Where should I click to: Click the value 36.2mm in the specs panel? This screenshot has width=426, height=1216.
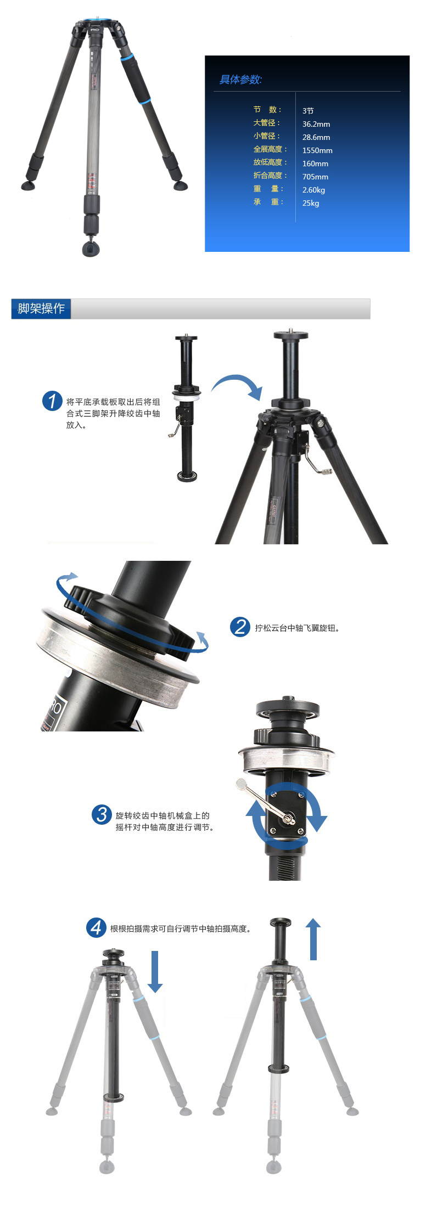click(316, 124)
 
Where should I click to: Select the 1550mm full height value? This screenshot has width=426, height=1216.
click(317, 150)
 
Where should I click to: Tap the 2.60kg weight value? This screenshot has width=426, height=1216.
click(313, 190)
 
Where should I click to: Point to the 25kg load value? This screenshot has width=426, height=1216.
click(311, 203)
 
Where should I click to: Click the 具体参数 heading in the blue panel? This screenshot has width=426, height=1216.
click(241, 80)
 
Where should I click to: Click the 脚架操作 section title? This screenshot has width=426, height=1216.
click(41, 308)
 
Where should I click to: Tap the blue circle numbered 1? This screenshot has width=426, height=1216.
click(52, 401)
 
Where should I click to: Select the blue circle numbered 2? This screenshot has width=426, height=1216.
click(240, 627)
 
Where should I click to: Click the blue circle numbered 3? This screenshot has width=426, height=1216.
click(102, 814)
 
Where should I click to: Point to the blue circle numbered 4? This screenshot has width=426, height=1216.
click(96, 927)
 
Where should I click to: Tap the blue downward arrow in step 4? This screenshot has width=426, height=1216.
click(155, 971)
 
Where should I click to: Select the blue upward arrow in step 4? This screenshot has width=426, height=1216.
click(313, 939)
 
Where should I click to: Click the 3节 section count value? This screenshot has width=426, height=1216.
click(308, 111)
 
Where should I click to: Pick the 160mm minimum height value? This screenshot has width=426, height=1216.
click(315, 164)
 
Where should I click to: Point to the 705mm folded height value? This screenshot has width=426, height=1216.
click(315, 177)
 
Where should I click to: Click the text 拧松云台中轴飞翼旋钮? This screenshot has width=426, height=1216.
click(297, 628)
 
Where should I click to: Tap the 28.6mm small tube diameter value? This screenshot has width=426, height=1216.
click(316, 137)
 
